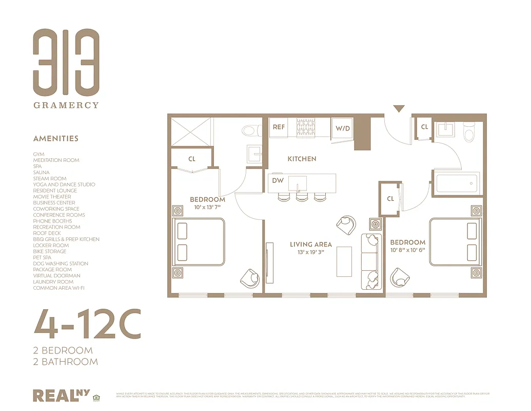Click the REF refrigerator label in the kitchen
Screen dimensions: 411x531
(279, 127)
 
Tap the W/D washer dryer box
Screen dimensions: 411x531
(343, 128)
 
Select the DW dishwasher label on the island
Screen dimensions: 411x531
(278, 180)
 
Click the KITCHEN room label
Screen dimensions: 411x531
(302, 159)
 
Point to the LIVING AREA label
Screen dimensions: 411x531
(311, 245)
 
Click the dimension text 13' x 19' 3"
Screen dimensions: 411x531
(311, 252)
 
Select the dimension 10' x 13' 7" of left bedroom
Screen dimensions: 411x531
(207, 207)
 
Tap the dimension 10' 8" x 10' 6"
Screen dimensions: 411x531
(408, 250)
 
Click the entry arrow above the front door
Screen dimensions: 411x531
(399, 108)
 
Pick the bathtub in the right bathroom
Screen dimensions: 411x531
(457, 183)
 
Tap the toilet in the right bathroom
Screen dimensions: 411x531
(469, 133)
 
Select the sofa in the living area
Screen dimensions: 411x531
(371, 260)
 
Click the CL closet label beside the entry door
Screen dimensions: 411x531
(424, 127)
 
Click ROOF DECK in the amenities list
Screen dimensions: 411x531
(47, 233)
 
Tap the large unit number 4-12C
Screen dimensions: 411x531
(87, 324)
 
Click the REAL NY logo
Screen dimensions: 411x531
(61, 395)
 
